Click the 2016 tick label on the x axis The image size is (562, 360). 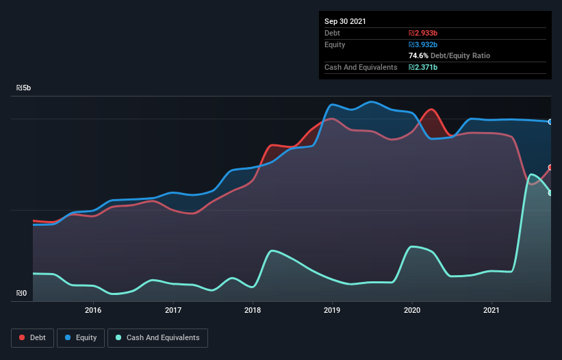pyautogui.click(x=93, y=310)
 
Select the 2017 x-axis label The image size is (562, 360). pyautogui.click(x=173, y=310)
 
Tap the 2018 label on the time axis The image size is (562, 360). pyautogui.click(x=253, y=310)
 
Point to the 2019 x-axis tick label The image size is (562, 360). pyautogui.click(x=332, y=310)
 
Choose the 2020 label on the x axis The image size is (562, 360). pyautogui.click(x=412, y=310)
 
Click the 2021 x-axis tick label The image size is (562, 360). pyautogui.click(x=491, y=310)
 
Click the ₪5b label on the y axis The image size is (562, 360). pyautogui.click(x=24, y=88)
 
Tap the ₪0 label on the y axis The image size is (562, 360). pyautogui.click(x=21, y=294)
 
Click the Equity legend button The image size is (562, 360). pyautogui.click(x=81, y=337)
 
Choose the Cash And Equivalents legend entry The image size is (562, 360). pyautogui.click(x=157, y=337)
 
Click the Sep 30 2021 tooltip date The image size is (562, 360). pyautogui.click(x=346, y=21)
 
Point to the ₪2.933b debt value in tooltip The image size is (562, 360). pyautogui.click(x=422, y=33)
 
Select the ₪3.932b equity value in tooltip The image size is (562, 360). pyautogui.click(x=422, y=44)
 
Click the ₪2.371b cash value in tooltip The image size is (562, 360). pyautogui.click(x=422, y=67)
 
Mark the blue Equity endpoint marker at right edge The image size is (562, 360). pyautogui.click(x=550, y=122)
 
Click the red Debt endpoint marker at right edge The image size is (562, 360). pyautogui.click(x=550, y=167)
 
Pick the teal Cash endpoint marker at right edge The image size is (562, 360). pyautogui.click(x=550, y=193)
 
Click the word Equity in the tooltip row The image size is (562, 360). pyautogui.click(x=335, y=44)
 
